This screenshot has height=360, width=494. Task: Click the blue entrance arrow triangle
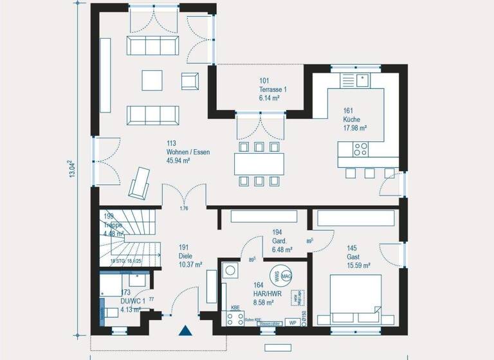[x=186, y=332]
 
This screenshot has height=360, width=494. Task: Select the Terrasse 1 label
[x=272, y=89]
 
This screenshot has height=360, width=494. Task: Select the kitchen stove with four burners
[x=361, y=149]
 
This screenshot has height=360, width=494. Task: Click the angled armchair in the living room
[x=139, y=181]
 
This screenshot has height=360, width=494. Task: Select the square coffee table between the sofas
[x=152, y=80]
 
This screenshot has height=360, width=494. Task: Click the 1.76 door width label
[x=184, y=208]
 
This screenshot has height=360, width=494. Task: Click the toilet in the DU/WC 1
[x=111, y=312]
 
